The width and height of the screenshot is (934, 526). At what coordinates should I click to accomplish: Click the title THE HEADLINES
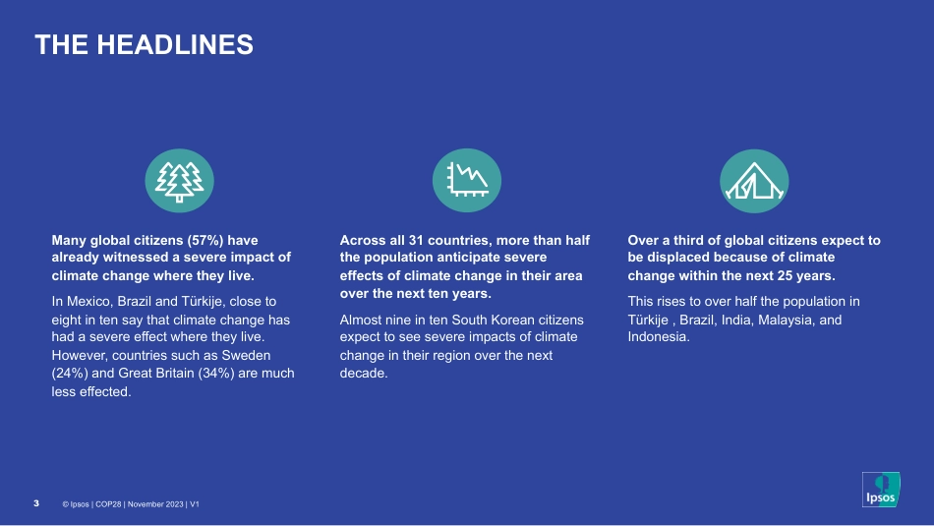click(x=145, y=44)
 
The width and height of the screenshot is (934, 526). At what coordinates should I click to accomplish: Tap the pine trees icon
click(x=179, y=181)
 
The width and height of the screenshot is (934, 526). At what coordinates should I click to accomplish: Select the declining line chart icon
click(x=467, y=180)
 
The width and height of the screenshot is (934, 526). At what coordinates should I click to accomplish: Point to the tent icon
click(x=754, y=181)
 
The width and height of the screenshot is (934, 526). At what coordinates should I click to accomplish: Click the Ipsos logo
click(x=881, y=490)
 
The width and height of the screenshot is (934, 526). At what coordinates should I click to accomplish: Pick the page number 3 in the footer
click(x=36, y=503)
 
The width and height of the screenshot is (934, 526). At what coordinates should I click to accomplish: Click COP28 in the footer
click(x=108, y=504)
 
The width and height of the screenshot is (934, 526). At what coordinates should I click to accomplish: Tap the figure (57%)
click(x=205, y=240)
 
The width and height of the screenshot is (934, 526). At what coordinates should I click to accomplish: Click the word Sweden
click(x=246, y=356)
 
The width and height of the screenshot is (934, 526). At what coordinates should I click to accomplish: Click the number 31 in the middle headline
click(x=416, y=240)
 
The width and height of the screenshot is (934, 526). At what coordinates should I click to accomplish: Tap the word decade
click(x=364, y=374)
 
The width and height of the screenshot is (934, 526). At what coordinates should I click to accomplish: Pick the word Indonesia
click(x=659, y=337)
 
